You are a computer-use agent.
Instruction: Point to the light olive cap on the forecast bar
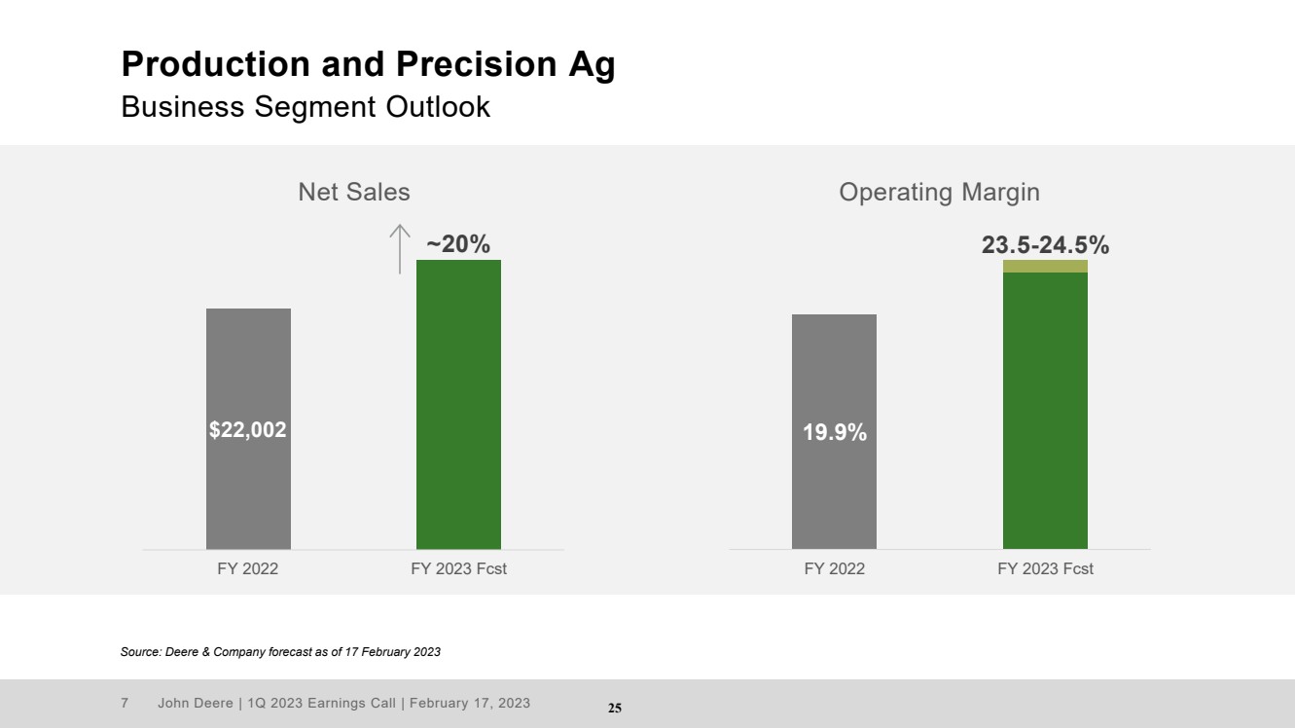click(1045, 266)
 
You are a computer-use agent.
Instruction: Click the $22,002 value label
click(248, 429)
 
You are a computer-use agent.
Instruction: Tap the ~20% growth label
click(458, 244)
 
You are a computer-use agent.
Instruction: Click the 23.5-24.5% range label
click(1045, 245)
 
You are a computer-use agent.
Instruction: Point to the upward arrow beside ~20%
click(399, 248)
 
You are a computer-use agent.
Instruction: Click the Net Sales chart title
click(354, 193)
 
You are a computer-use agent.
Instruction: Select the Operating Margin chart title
click(939, 193)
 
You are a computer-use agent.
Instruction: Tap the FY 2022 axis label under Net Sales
click(247, 569)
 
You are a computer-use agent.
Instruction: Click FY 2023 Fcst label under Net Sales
click(459, 569)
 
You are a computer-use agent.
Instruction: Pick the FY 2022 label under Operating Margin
click(834, 569)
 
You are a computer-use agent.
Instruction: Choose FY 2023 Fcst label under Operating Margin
click(1045, 569)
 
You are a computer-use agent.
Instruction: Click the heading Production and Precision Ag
click(368, 64)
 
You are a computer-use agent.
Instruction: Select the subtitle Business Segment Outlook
click(306, 107)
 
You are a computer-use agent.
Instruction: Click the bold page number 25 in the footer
click(615, 708)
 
